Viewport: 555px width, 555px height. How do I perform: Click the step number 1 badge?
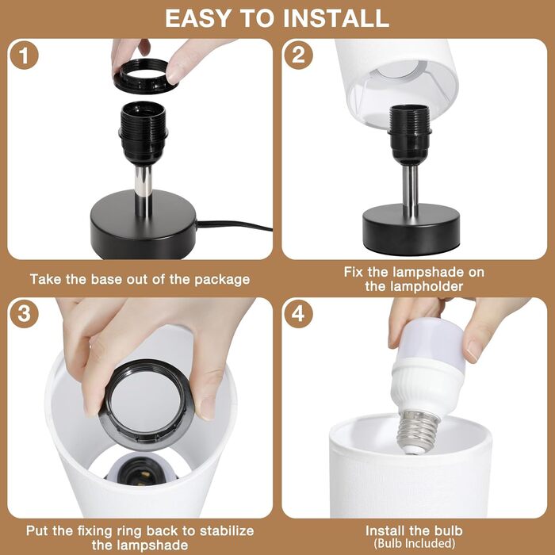point(24,55)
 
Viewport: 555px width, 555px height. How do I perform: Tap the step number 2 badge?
point(298,55)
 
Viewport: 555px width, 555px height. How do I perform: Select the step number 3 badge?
point(24,313)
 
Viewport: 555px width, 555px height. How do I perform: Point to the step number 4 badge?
point(298,313)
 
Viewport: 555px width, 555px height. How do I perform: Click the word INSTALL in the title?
point(336,18)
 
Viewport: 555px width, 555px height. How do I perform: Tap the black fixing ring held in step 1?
point(146,76)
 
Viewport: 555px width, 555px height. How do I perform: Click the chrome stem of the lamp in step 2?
point(410,190)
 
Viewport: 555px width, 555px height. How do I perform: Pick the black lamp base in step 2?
point(411,228)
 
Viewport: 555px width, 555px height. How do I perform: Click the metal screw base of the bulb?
point(418,433)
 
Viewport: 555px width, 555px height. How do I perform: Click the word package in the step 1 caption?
point(222,280)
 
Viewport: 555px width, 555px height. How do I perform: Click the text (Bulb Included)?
point(414,543)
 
